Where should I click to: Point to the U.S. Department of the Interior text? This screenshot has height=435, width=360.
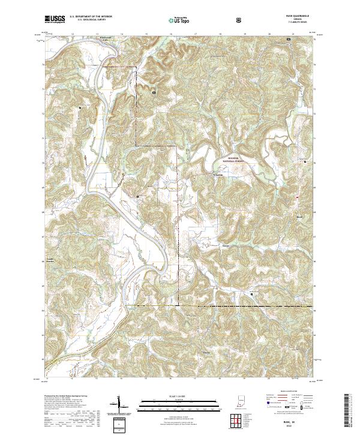[x=91, y=17]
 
